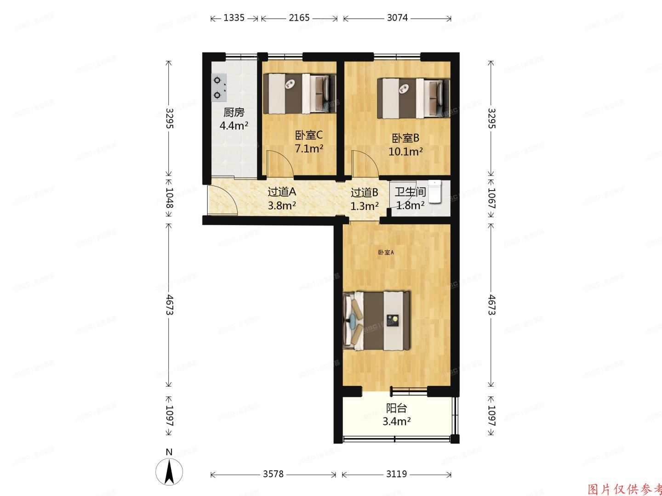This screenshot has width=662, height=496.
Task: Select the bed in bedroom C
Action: pos(299,94)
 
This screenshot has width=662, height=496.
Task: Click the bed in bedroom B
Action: pos(413,98)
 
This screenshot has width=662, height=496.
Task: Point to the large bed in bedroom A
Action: pos(377,320)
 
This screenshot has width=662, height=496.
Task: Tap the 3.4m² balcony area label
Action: pos(396,421)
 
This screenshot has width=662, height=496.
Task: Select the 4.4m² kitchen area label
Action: pos(234,125)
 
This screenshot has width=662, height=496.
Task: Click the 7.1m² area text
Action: pos(309,149)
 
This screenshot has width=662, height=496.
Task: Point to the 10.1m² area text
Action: pos(405,151)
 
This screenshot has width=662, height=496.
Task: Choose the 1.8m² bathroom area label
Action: pos(410,205)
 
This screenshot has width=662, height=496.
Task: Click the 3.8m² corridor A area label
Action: pos(282,205)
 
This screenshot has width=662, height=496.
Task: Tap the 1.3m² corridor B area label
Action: pos(365,206)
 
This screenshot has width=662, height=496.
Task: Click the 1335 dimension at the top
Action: pos(234,18)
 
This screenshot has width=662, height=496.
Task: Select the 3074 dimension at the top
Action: pos(397,18)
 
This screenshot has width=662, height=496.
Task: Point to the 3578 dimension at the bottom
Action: pos(273,474)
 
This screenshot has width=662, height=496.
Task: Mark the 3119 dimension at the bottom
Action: pos(396,474)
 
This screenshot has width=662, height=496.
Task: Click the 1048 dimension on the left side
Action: pos(169,198)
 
